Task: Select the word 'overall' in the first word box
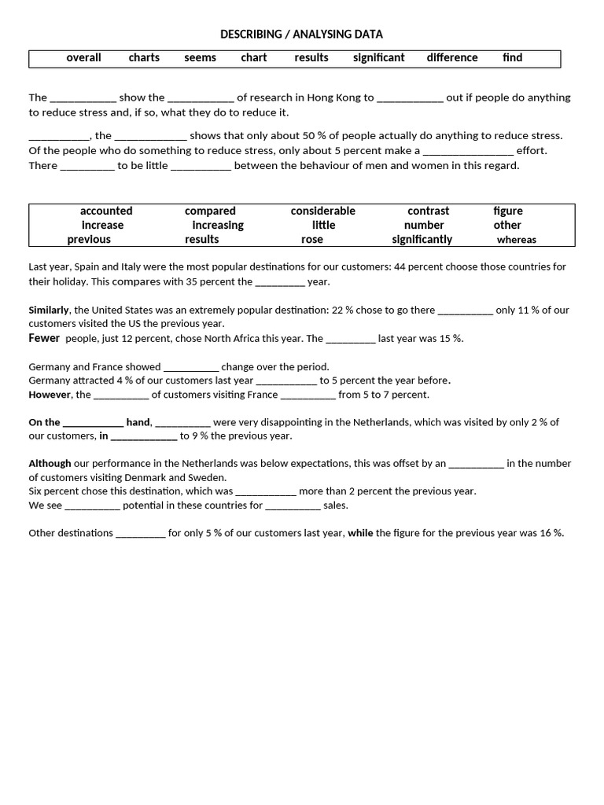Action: click(x=83, y=57)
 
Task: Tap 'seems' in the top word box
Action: click(x=201, y=57)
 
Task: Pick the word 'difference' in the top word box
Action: click(x=452, y=57)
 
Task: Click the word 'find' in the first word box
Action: click(x=513, y=57)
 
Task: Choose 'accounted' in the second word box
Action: click(x=106, y=211)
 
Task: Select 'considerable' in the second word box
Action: click(x=322, y=211)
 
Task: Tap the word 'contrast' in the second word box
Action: click(x=428, y=211)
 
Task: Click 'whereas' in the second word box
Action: click(x=516, y=240)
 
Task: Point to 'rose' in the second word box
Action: click(x=312, y=239)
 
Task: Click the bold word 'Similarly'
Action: click(x=49, y=310)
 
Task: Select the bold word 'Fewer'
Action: click(x=44, y=338)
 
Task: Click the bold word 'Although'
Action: click(x=50, y=463)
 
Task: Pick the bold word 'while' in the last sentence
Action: click(x=360, y=533)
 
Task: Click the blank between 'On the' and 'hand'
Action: click(x=93, y=423)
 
